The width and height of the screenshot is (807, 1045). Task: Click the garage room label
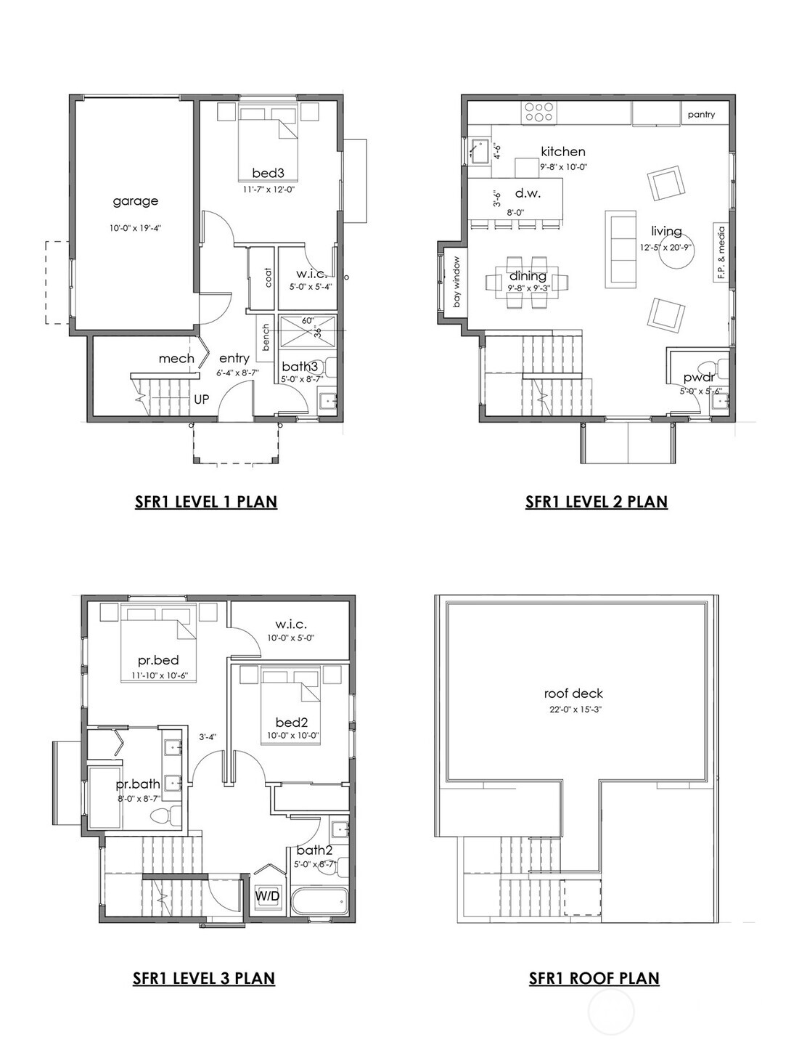point(135,201)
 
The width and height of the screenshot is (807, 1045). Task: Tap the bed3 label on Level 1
point(268,173)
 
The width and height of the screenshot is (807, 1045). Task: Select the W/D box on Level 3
point(267,896)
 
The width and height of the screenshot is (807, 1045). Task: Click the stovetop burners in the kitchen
point(539,112)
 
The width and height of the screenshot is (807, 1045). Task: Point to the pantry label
point(701,114)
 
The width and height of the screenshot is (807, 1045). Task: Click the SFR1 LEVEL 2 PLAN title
point(596,501)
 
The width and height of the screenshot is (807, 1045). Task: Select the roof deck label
point(573,694)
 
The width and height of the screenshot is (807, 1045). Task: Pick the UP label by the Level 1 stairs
point(201,399)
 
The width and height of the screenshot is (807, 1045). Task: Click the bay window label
point(457,282)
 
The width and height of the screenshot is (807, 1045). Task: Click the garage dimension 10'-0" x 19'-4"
point(135,228)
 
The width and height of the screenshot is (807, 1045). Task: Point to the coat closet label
point(268,277)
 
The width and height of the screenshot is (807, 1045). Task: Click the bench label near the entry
point(266,338)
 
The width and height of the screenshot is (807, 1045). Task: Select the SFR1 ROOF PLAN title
point(594,978)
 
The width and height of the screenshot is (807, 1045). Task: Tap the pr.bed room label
point(158,661)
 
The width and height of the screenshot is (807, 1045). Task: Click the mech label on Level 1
point(176,358)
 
